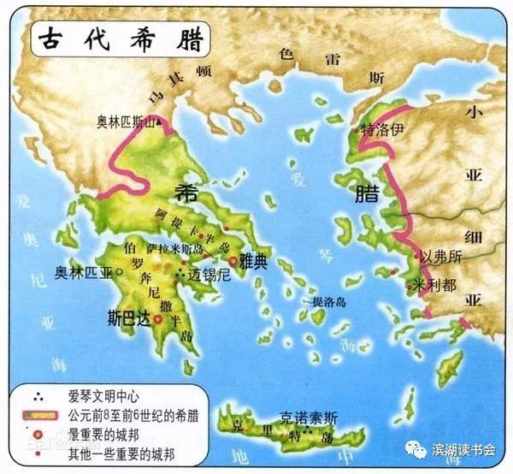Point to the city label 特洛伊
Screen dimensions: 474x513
click(382, 131)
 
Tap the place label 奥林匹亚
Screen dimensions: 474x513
click(83, 274)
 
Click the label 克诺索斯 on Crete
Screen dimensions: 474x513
click(308, 418)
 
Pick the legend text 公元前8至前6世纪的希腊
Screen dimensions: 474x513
click(130, 416)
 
